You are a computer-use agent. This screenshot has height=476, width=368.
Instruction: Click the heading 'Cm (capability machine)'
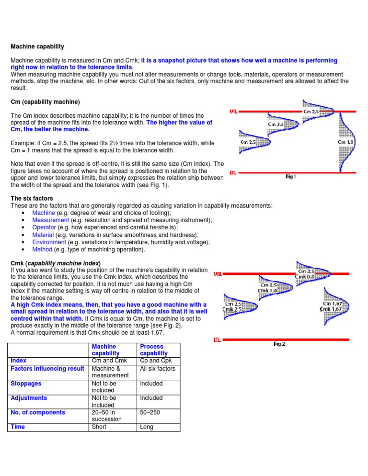45,102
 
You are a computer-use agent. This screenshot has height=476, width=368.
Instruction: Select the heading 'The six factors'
32,198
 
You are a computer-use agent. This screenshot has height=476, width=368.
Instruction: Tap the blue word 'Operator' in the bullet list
44,227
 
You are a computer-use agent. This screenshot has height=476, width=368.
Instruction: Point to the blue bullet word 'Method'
42,249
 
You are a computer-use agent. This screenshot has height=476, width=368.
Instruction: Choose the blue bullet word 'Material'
43,235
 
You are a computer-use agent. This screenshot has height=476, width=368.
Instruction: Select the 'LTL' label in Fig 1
233,172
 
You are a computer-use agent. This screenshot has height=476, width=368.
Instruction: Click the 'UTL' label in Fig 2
218,274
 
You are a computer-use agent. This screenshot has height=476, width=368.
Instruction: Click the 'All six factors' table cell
157,369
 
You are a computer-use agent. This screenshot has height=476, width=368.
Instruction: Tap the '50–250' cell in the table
149,412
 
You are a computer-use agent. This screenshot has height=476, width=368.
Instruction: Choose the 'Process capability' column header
153,350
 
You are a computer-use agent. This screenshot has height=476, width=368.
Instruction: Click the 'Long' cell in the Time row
146,427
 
